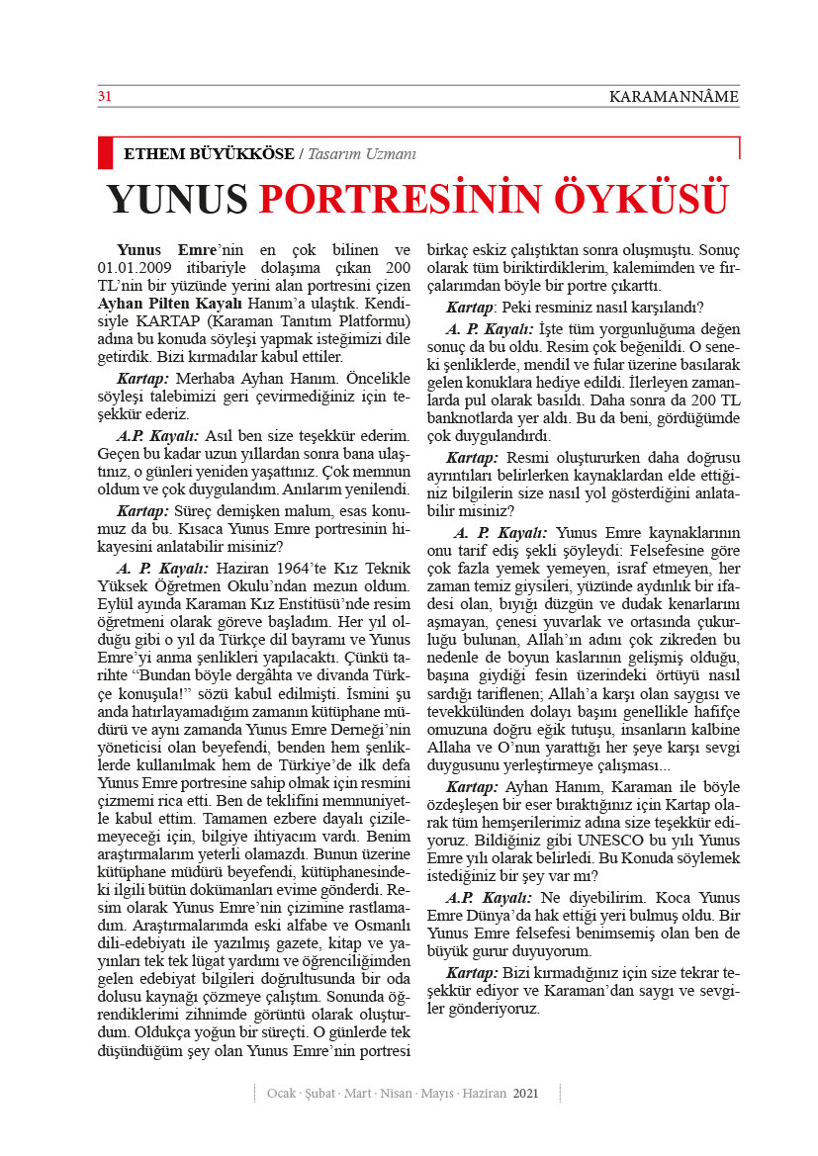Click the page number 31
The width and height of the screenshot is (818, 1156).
pyautogui.click(x=103, y=96)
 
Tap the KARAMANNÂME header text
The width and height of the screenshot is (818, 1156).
pyautogui.click(x=674, y=97)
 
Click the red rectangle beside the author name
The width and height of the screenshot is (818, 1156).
pyautogui.click(x=105, y=152)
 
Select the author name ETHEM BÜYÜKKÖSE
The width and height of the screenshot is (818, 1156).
pyautogui.click(x=208, y=154)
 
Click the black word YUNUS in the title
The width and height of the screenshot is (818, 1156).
pyautogui.click(x=177, y=199)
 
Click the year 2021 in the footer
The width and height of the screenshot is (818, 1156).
pyautogui.click(x=525, y=1093)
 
